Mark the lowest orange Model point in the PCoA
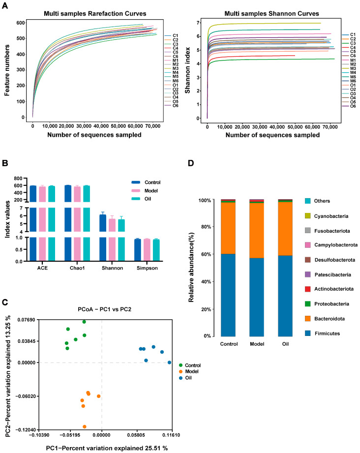(x=85, y=426)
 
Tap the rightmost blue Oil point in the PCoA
(x=169, y=362)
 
